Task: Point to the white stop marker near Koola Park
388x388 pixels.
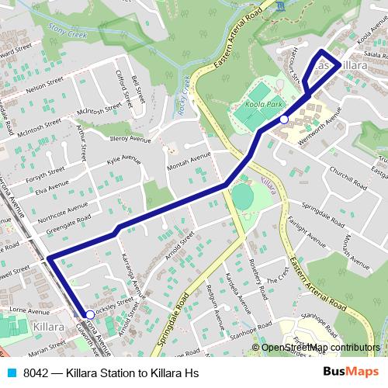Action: [x=285, y=120]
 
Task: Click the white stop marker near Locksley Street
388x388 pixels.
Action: [x=89, y=314]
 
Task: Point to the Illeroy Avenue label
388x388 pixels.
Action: [x=130, y=140]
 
